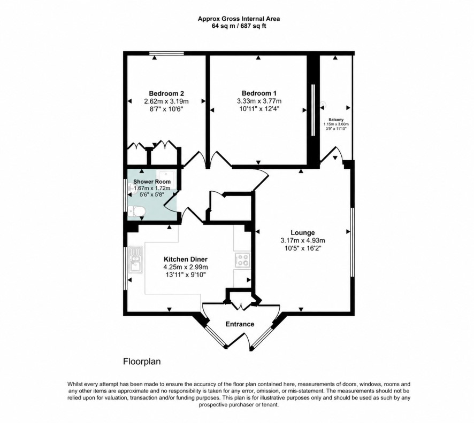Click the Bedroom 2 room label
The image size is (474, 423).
(x=166, y=93)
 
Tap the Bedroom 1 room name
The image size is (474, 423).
(x=259, y=93)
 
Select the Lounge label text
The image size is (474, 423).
(x=303, y=233)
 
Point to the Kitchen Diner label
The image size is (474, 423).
(x=186, y=259)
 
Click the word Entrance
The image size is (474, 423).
(x=240, y=324)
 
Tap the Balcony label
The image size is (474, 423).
(x=336, y=120)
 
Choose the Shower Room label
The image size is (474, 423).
(x=152, y=182)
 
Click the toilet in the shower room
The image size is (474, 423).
(x=136, y=211)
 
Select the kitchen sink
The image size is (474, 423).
(x=135, y=260)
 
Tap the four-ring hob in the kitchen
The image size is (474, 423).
(x=242, y=260)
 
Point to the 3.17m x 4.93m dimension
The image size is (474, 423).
(x=303, y=241)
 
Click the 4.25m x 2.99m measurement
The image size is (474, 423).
(x=186, y=267)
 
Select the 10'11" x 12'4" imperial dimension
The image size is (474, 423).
(x=259, y=109)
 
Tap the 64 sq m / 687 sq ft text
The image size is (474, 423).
(x=239, y=26)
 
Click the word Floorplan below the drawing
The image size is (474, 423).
(x=142, y=362)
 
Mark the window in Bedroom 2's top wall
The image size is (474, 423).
(x=166, y=54)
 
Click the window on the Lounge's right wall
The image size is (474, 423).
(x=352, y=242)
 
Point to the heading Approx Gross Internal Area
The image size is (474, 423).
(x=239, y=19)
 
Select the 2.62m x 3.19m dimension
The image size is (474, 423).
(x=166, y=101)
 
